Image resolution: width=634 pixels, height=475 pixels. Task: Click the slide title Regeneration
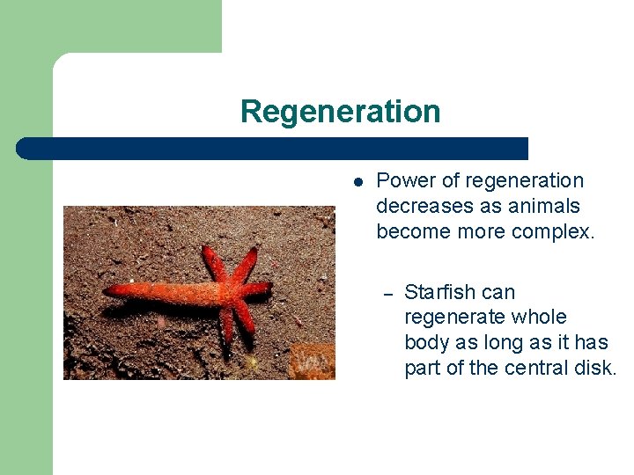(340, 112)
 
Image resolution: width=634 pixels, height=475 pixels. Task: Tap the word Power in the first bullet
(402, 180)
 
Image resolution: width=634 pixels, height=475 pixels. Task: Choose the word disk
(599, 368)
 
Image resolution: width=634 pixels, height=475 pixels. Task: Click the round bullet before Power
(358, 182)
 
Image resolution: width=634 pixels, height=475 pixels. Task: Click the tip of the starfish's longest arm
(107, 311)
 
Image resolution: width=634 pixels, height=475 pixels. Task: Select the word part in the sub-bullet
(423, 368)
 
